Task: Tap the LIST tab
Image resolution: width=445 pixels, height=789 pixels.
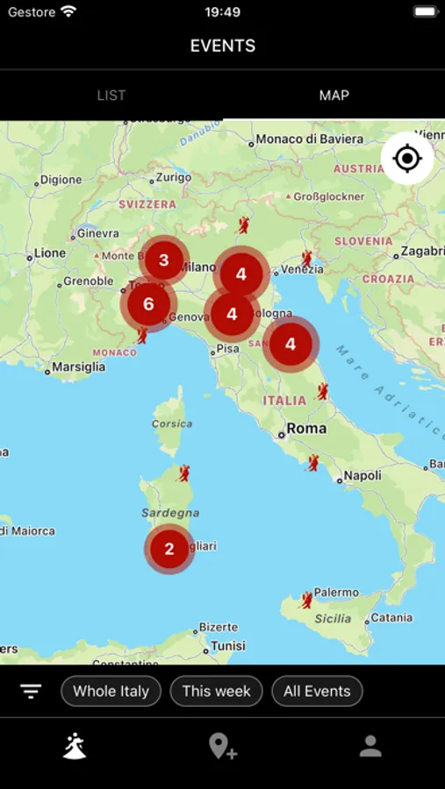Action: (111, 95)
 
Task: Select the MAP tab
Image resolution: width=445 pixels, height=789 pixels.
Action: (334, 95)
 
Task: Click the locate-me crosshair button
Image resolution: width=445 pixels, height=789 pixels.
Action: (407, 159)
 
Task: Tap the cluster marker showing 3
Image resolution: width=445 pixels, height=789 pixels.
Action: (163, 260)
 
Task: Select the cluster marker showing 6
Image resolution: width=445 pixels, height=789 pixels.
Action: (148, 304)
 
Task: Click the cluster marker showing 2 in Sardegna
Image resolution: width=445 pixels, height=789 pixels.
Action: (169, 550)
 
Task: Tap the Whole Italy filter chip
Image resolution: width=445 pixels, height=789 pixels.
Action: (111, 691)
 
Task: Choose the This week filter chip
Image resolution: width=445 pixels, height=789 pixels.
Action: (216, 691)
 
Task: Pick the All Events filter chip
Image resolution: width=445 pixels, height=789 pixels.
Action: (317, 691)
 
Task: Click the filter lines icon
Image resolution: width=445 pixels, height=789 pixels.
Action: (32, 691)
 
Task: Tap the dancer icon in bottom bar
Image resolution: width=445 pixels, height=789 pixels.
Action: (75, 745)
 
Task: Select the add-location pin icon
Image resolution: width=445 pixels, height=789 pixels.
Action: (222, 746)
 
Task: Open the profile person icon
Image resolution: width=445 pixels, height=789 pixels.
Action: (370, 746)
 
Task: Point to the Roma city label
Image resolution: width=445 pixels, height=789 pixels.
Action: (305, 429)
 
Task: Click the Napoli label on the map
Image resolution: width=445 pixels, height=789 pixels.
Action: (362, 475)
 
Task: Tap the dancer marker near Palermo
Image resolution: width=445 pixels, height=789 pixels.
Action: (306, 600)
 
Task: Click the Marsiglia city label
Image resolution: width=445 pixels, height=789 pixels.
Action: (78, 367)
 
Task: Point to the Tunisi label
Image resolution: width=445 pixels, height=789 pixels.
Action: (227, 645)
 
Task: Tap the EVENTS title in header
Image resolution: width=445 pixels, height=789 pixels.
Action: (222, 46)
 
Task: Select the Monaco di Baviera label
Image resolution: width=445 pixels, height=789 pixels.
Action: (309, 139)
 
